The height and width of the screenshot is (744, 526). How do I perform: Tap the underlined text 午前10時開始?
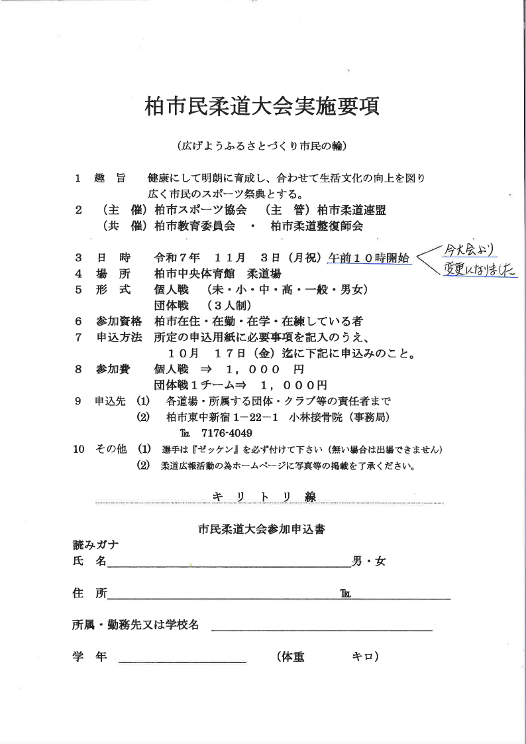coord(369,257)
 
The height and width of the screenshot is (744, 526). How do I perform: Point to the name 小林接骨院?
coord(315,417)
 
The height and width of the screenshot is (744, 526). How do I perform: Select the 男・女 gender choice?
coord(368,562)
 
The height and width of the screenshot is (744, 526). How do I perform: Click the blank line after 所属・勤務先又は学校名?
coord(321,629)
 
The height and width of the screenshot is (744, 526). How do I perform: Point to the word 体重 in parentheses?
coord(293,656)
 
